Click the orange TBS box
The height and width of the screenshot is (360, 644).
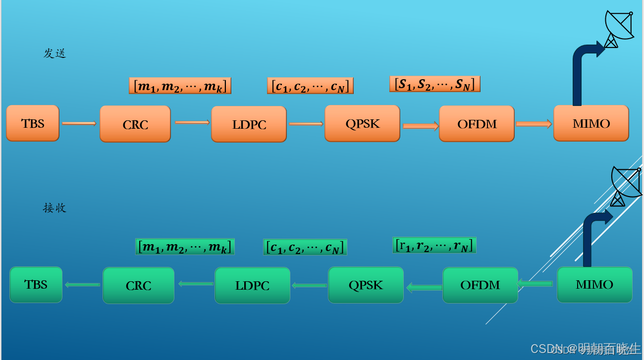coord(33,123)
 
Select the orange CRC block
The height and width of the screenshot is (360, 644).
coord(135,124)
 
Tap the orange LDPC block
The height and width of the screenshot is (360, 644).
coord(249,124)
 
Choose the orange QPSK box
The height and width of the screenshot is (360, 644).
coord(362,123)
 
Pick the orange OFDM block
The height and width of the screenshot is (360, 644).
coord(477,124)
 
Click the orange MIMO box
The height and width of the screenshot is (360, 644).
coord(591,123)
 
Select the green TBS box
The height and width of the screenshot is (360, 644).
coord(36,285)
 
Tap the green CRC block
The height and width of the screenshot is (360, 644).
coord(138,285)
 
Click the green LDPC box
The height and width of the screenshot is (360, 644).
coord(252,285)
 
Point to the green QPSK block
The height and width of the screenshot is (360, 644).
coord(366,285)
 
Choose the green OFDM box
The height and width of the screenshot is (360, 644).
coord(480,285)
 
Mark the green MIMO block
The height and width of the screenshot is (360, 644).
coord(594,284)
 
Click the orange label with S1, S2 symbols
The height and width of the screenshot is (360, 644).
coord(434,84)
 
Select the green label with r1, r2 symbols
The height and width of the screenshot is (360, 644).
coord(434,245)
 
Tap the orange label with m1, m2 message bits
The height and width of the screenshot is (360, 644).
coord(180,86)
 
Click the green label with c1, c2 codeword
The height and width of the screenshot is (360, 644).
coord(305,247)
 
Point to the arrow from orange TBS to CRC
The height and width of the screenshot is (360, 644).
coord(79,123)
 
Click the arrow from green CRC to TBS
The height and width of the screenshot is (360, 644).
coord(82,285)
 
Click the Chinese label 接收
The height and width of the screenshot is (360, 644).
coord(54,208)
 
